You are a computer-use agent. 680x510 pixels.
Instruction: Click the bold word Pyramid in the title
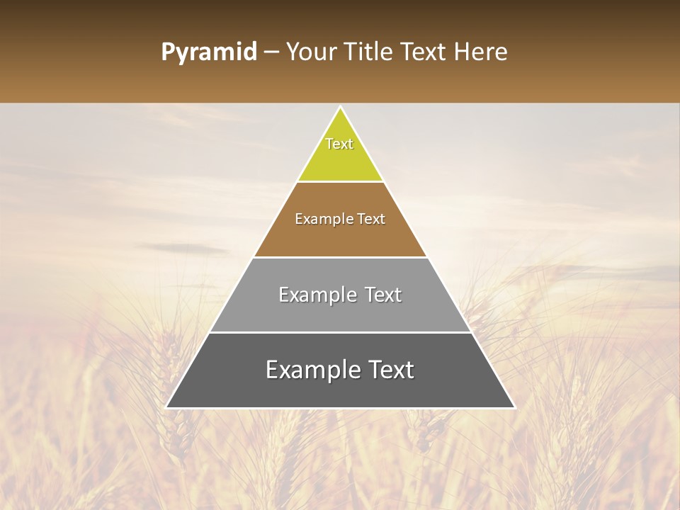[x=208, y=52]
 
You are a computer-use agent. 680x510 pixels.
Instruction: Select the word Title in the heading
[x=370, y=52]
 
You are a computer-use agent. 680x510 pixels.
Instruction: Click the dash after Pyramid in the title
[x=271, y=53]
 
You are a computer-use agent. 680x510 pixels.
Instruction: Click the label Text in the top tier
[x=339, y=144]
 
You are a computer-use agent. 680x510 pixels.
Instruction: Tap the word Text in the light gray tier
[x=382, y=295]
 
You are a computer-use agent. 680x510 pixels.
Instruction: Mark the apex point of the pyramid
[x=340, y=108]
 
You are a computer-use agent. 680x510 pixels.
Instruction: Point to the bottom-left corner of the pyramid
[x=166, y=407]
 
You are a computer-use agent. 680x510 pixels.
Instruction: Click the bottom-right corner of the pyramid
[x=514, y=407]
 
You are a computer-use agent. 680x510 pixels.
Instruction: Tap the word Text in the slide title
[x=426, y=52]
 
